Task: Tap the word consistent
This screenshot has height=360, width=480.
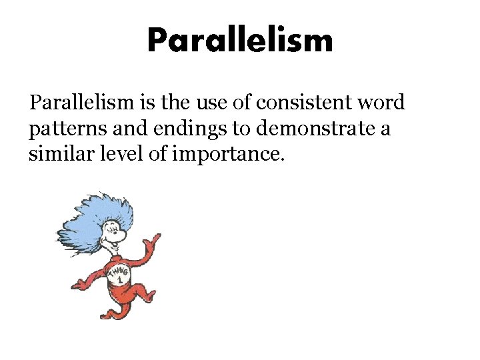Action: (x=296, y=103)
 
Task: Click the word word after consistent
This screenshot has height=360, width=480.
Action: (x=381, y=103)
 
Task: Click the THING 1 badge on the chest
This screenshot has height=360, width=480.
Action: (x=116, y=274)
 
